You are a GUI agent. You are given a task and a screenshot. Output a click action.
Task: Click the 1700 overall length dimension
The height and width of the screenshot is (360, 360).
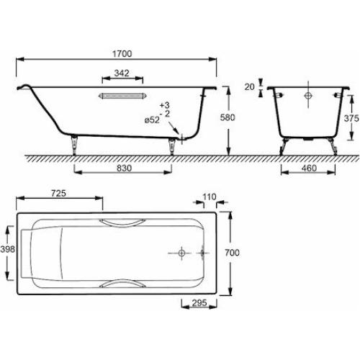(x=122, y=54)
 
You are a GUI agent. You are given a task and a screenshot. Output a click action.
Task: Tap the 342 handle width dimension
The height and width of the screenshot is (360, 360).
(x=122, y=73)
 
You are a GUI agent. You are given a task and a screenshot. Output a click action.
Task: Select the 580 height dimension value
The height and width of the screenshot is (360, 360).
(x=228, y=117)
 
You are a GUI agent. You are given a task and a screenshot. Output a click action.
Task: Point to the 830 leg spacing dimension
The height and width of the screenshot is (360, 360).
(x=124, y=168)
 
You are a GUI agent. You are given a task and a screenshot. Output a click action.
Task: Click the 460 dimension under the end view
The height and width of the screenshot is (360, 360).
(x=309, y=168)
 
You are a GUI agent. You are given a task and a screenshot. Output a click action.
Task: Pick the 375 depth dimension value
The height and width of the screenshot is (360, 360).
(x=351, y=118)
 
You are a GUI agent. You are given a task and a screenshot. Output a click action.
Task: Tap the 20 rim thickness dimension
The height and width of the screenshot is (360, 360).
(x=250, y=86)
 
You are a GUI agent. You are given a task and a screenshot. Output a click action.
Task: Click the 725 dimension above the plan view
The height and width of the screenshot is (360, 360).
(x=58, y=193)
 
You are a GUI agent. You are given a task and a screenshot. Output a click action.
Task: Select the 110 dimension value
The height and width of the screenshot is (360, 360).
(x=210, y=197)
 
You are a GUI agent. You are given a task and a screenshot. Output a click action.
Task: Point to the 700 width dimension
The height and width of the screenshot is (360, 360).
(x=232, y=253)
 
